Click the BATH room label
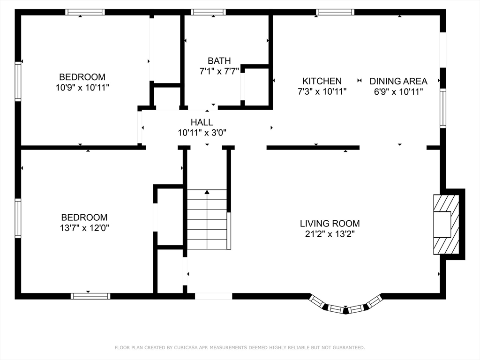pos(219,60)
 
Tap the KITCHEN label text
pos(322,81)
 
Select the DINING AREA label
pos(398,81)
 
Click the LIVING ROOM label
pos(330,224)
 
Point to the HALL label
pos(202,122)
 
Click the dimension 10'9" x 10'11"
pos(82,87)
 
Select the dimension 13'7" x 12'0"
pos(84,228)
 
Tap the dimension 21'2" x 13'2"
pos(330,234)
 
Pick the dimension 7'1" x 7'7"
pos(219,71)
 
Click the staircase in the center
pos(207,219)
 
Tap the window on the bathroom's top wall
pos(208,12)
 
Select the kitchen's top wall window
pos(335,12)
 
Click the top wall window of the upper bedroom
pos(84,12)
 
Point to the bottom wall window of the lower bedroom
pos(90,296)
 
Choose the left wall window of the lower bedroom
pos(18,218)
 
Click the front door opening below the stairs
pos(213,296)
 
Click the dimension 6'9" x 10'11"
pos(398,92)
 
